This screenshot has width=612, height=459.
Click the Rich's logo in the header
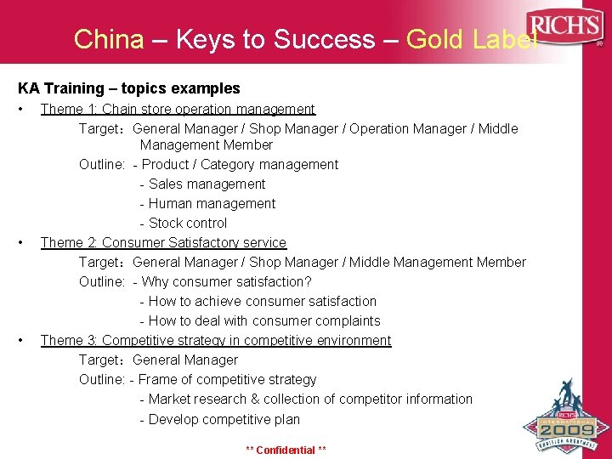(564, 26)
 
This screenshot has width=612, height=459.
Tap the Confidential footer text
(286, 450)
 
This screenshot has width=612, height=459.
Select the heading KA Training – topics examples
(129, 88)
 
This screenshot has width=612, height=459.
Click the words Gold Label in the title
(472, 39)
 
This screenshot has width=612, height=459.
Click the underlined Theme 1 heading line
(178, 109)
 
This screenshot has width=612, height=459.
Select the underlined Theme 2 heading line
(163, 242)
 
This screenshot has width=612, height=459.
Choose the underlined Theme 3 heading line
(216, 340)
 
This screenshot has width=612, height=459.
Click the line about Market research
(306, 399)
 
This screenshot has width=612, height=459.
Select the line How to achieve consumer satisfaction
(258, 301)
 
